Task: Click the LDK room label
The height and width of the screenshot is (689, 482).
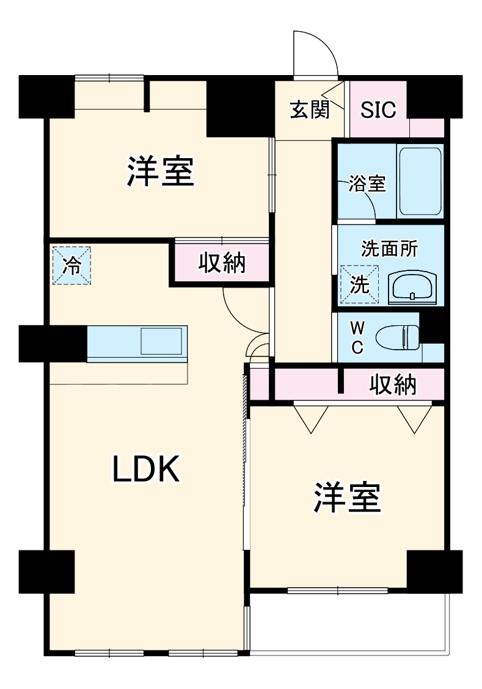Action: [145, 469]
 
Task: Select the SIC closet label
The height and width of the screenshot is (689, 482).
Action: [378, 110]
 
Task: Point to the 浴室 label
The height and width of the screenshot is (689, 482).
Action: [367, 184]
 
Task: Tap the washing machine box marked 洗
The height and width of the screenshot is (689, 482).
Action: [359, 285]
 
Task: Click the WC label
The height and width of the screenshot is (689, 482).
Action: [357, 338]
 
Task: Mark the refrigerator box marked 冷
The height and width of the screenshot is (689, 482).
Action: [71, 266]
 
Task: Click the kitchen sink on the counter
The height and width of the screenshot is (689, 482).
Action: [161, 341]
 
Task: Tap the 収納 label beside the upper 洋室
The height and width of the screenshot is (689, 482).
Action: [222, 262]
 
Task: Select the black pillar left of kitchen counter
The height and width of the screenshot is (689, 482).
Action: [53, 344]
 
